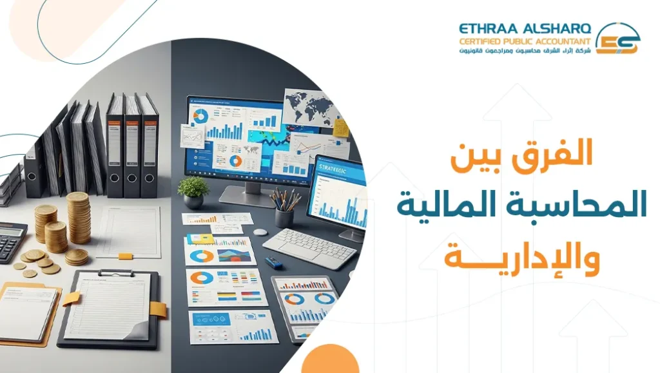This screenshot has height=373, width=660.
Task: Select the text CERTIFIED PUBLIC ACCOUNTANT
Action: pyautogui.click(x=525, y=41)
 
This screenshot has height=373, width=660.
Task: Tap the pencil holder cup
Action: pyautogui.click(x=284, y=216)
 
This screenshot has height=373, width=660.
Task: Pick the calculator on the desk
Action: pyautogui.click(x=12, y=241)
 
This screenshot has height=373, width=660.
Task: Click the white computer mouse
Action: pyautogui.click(x=260, y=232)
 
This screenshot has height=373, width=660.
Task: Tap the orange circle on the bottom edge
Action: pyautogui.click(x=329, y=361)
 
